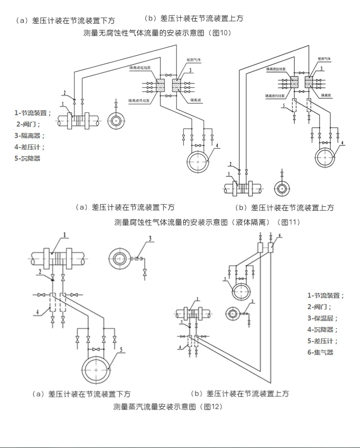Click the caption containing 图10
click(158, 33)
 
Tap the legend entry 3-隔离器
click(29, 135)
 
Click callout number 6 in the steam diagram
click(280, 235)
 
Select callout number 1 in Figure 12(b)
click(198, 299)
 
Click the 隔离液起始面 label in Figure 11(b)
click(276, 69)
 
